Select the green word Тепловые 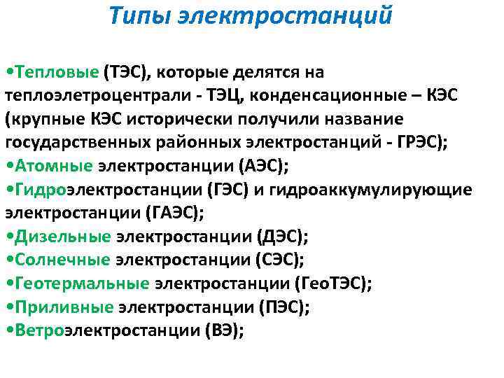point(57,72)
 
